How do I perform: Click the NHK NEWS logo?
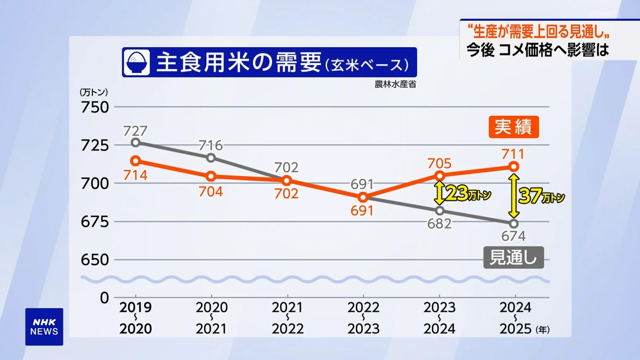click(44, 327)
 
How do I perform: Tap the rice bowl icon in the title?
click(136, 62)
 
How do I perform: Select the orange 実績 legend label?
click(514, 127)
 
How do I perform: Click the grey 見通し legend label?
click(513, 257)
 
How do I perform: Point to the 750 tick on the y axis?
click(95, 107)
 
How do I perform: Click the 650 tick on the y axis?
click(95, 260)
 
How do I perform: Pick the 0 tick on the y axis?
click(104, 298)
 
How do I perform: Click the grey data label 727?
click(135, 131)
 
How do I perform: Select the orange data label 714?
click(135, 175)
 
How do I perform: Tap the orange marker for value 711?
click(514, 166)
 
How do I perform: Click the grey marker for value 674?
click(514, 224)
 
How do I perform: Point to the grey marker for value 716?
click(211, 158)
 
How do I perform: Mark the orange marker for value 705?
click(440, 176)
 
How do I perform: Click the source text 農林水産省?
click(395, 84)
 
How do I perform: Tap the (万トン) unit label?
click(94, 92)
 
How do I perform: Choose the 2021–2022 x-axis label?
click(288, 318)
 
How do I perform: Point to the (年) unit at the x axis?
click(543, 330)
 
